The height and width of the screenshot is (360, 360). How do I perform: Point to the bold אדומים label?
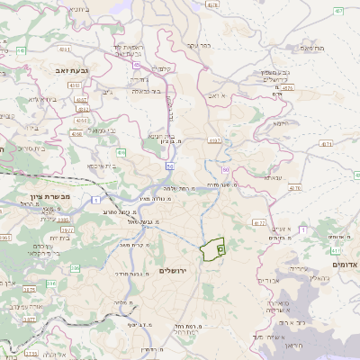[345, 265]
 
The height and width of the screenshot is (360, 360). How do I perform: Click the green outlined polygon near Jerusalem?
[213, 248]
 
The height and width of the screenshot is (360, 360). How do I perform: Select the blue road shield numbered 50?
[169, 166]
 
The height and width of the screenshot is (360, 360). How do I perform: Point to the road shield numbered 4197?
[213, 140]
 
